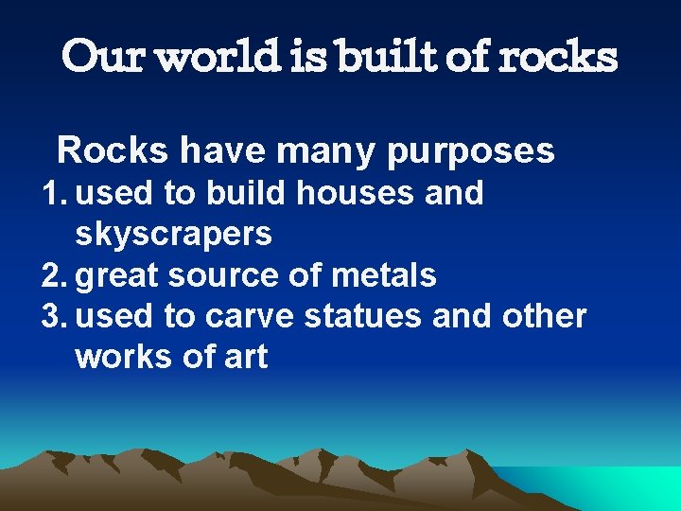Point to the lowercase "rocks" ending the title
click(x=557, y=57)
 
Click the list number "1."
click(x=55, y=194)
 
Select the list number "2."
click(x=55, y=276)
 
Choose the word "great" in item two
click(x=119, y=276)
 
